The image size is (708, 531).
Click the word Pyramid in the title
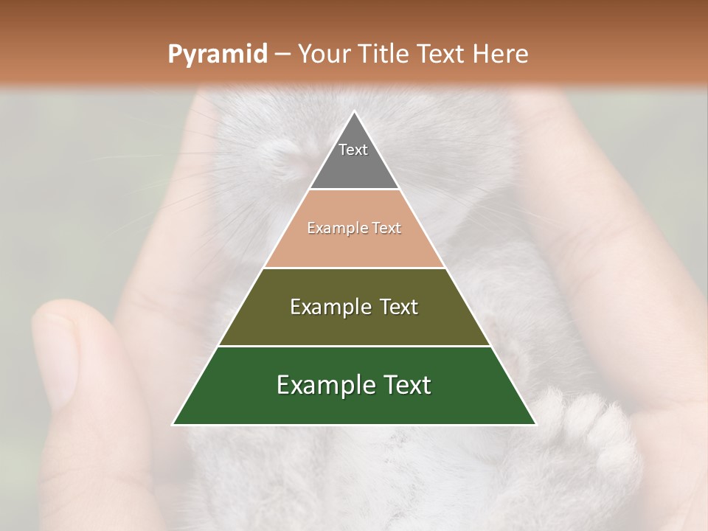click(x=217, y=55)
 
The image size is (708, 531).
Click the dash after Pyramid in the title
click(x=282, y=55)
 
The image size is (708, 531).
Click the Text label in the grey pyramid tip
click(x=353, y=150)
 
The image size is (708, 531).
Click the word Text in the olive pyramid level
click(x=399, y=307)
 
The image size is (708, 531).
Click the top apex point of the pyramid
click(x=354, y=112)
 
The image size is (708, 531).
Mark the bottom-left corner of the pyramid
click(x=173, y=424)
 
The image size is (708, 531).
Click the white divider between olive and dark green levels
click(x=354, y=346)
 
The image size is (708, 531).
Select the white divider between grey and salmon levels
click(x=354, y=190)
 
